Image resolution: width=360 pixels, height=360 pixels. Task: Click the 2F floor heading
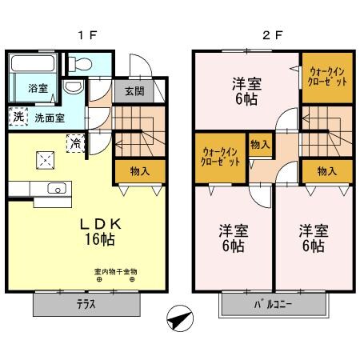(x=273, y=34)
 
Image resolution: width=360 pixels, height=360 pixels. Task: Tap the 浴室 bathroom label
(x=38, y=88)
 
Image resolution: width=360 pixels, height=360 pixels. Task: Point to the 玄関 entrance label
(x=134, y=90)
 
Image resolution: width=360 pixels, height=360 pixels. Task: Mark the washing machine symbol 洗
(x=18, y=117)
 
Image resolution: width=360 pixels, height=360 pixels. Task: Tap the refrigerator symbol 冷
(x=75, y=144)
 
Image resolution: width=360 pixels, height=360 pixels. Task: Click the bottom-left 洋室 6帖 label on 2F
(x=234, y=238)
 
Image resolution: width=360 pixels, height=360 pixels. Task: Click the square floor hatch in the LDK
(x=43, y=159)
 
